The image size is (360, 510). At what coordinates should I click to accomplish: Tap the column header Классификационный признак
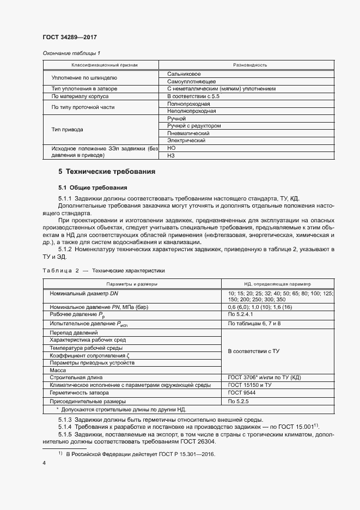[101, 65]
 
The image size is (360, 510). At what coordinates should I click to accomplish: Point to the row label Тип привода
[67, 130]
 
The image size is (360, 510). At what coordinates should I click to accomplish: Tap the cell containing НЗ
[171, 156]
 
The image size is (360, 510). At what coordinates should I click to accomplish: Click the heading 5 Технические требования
[107, 172]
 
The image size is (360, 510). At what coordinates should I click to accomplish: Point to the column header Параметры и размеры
[132, 284]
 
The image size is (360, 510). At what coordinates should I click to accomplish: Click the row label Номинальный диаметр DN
[84, 294]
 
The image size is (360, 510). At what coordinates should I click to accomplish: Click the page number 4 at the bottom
[44, 463]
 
